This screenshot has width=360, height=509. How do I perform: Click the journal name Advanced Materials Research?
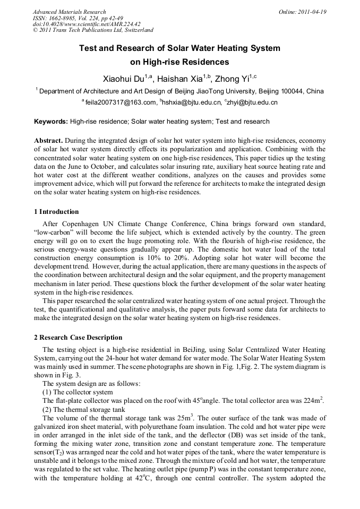69,12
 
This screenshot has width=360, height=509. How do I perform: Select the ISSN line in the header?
78,18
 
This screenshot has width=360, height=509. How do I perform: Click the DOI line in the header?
87,24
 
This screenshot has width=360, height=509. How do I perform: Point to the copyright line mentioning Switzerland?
93,31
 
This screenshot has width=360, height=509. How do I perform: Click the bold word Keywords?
51,122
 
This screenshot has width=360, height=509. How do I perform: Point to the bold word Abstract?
49,141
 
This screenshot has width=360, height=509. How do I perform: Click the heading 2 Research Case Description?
78,338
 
